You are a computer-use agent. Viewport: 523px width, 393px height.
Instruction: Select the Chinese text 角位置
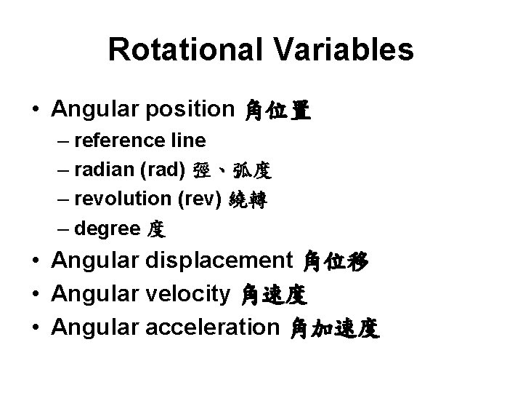278,111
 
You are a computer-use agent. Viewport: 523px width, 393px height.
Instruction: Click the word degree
107,230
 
